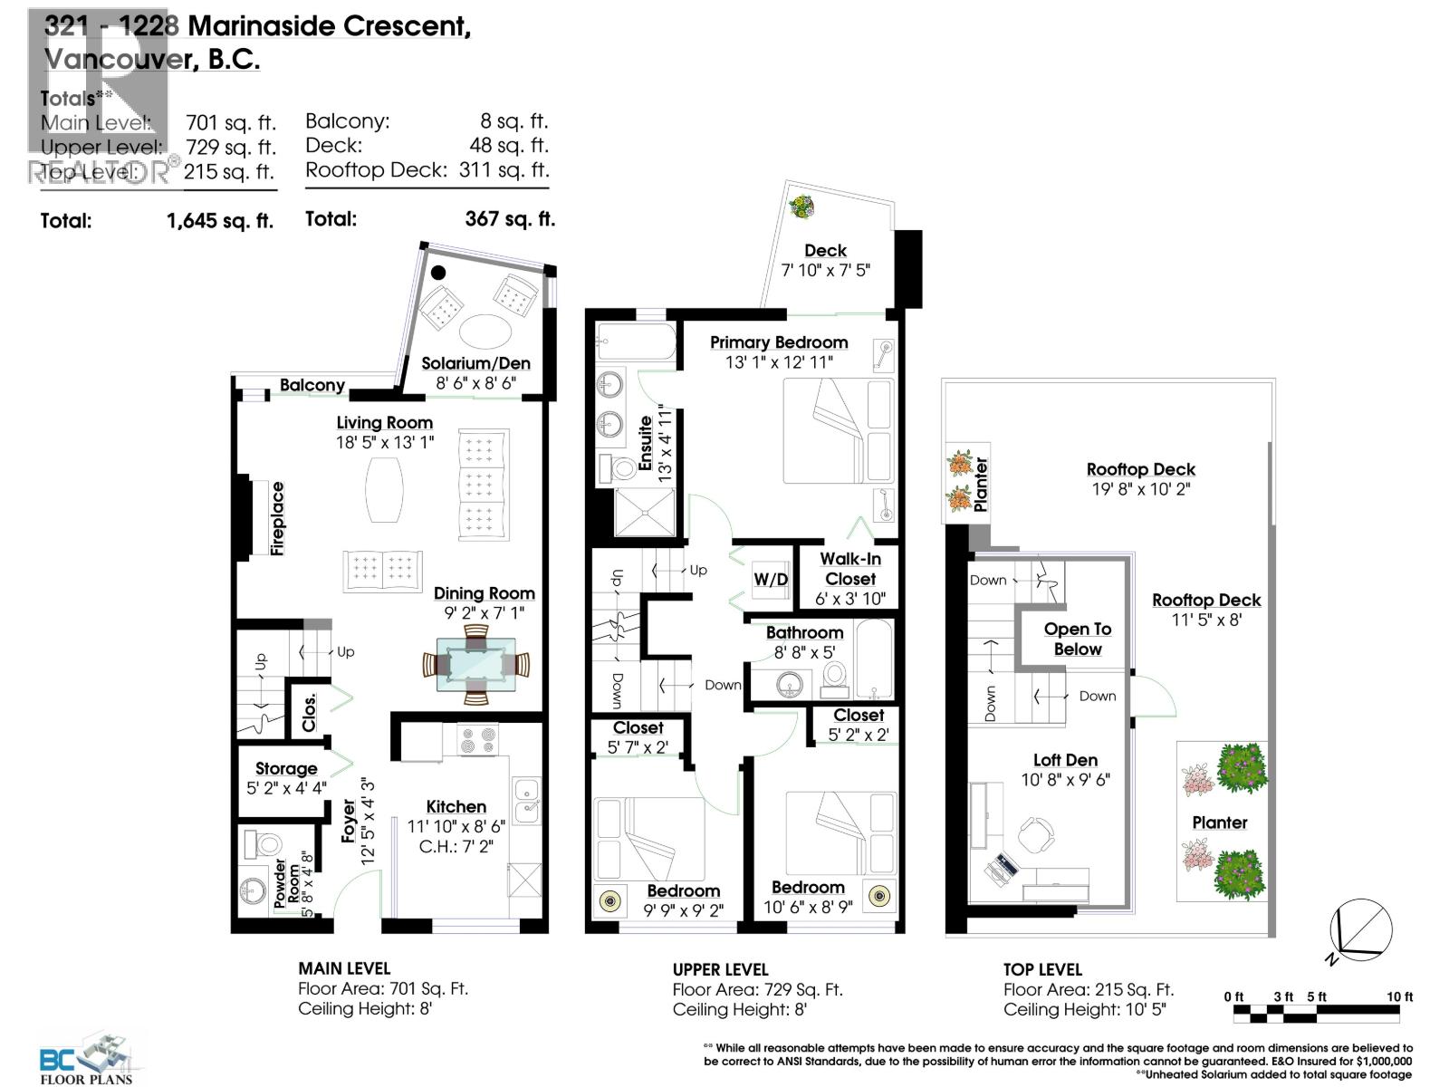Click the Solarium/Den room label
click(475, 364)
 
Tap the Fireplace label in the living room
click(278, 518)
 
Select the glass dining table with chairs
click(475, 665)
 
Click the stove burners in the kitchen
click(477, 740)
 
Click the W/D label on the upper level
click(771, 580)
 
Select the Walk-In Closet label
click(849, 569)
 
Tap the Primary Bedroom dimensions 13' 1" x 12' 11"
click(779, 362)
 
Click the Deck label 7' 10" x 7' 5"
click(825, 260)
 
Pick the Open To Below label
click(1077, 639)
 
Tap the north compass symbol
click(1360, 931)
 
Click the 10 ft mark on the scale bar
click(1399, 996)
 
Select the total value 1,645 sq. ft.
click(220, 220)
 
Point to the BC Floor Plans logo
click(87, 1058)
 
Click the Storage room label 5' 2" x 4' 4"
click(285, 778)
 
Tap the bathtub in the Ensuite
click(636, 343)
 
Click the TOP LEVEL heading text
click(1042, 969)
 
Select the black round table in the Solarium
click(439, 272)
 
